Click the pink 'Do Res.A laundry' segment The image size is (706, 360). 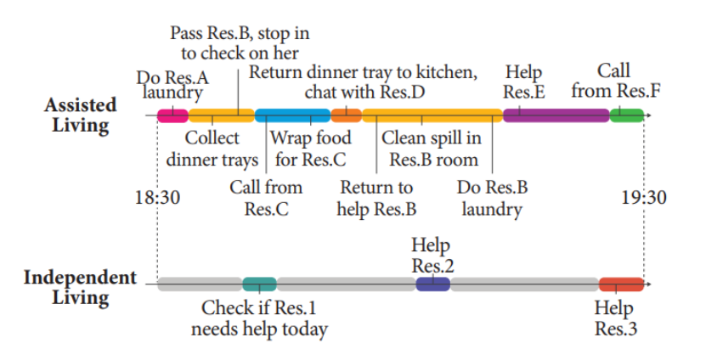[172, 115]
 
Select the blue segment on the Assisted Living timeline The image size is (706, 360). [292, 115]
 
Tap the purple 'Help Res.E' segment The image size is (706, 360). [556, 115]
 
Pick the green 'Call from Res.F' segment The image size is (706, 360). [625, 115]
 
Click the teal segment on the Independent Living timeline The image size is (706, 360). [259, 284]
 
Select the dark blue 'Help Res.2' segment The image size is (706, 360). [432, 284]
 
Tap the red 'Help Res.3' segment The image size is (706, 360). [621, 284]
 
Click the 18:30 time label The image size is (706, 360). [158, 198]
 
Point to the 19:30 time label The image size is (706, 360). [643, 198]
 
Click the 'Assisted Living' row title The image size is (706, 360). [81, 115]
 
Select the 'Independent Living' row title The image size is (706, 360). [80, 287]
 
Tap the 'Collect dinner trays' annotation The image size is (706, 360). [212, 149]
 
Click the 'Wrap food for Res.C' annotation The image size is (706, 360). [307, 149]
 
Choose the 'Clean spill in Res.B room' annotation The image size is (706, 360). [432, 149]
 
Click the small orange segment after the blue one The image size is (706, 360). [346, 115]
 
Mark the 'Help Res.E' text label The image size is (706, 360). [523, 82]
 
